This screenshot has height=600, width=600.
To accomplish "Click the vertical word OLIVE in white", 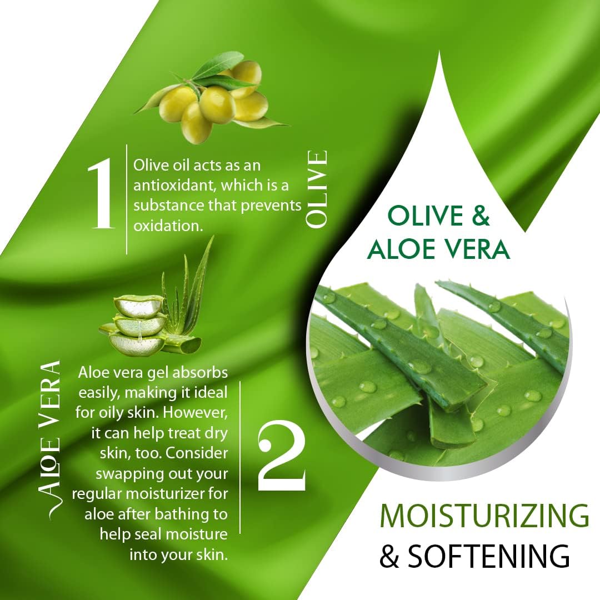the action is pos(317,189).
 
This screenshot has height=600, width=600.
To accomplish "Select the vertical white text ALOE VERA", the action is pos(50,440).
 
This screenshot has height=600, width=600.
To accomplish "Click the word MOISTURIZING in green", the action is pos(484,516).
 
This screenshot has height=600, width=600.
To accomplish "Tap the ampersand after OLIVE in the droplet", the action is pos(481,216).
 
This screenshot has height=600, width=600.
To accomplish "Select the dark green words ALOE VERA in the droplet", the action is pos(438,248).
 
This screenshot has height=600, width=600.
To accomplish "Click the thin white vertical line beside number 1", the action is pos(127,199).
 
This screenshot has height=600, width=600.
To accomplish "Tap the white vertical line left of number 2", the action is pos(240,457).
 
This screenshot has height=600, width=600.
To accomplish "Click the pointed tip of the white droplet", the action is pos(439,52).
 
